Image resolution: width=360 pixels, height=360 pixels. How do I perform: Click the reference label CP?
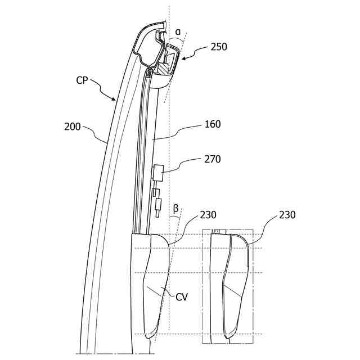(x=82, y=80)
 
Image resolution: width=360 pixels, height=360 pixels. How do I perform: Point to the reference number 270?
(x=213, y=159)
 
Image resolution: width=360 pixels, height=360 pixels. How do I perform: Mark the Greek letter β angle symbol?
(x=175, y=208)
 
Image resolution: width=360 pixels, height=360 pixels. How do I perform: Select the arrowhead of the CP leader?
(x=116, y=100)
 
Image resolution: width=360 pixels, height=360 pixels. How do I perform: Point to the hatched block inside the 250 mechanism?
(x=161, y=68)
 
